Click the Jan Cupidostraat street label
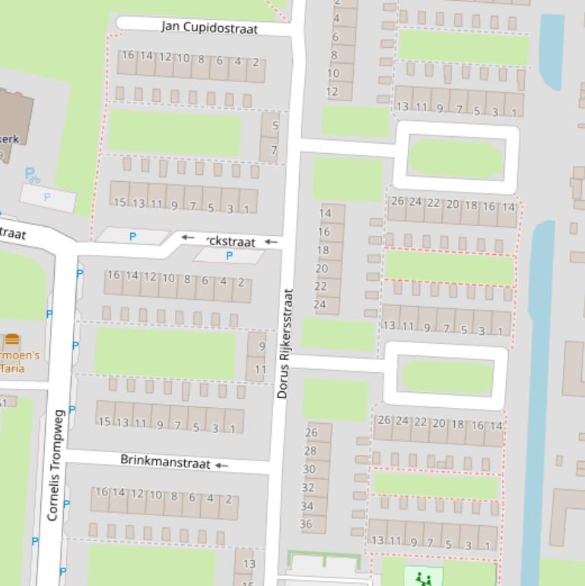209,28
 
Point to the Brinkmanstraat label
165,461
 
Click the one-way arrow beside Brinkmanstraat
221,464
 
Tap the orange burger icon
12,339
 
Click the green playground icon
423,578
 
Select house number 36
307,524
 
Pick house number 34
307,505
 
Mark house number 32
307,487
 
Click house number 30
308,469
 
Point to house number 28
310,451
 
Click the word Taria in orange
12,368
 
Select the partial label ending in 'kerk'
9,139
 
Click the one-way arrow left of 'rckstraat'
188,237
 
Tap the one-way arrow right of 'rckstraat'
271,242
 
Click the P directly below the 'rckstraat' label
229,256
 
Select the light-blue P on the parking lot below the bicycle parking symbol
47,197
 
